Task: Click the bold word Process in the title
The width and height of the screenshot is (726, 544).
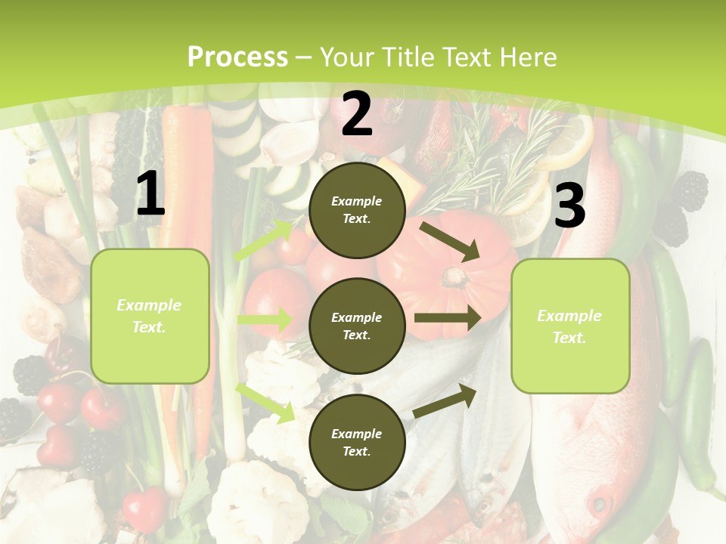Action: (237, 57)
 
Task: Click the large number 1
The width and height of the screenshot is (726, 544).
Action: (150, 194)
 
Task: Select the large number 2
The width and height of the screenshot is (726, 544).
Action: (357, 114)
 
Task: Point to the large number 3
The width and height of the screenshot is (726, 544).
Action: (569, 206)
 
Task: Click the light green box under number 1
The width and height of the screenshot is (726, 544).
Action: (150, 316)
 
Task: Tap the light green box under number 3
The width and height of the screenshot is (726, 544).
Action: (570, 326)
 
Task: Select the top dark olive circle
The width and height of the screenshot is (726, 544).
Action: (357, 209)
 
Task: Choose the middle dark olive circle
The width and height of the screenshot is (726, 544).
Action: (357, 326)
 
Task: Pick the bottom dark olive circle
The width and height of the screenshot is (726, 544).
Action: (357, 442)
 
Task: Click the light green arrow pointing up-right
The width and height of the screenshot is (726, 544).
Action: (265, 240)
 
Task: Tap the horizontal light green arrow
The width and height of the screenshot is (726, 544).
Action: (265, 320)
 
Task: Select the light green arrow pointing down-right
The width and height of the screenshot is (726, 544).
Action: (265, 402)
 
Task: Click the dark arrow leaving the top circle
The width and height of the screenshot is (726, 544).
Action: (451, 241)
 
